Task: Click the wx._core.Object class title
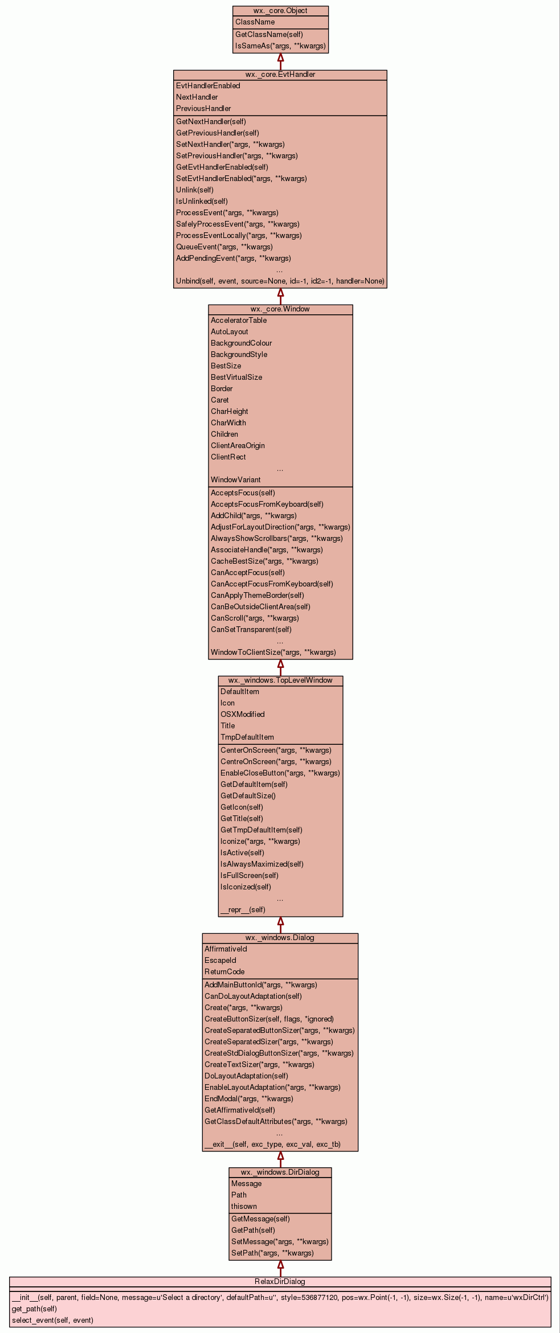280,11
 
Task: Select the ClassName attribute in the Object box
255,22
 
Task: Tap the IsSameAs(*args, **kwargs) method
280,46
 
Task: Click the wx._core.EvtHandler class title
280,75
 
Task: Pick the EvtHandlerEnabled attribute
208,86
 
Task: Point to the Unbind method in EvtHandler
280,281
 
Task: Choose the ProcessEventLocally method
239,236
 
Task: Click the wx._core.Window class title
280,309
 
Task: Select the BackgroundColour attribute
241,343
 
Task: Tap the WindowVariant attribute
235,480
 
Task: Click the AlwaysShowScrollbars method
276,539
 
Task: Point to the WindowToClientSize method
273,653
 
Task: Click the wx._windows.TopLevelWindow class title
280,680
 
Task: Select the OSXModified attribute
242,715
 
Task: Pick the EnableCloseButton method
280,773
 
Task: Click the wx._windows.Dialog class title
280,938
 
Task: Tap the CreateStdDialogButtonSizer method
279,1053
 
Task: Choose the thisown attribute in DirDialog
244,1207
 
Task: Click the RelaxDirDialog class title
280,1282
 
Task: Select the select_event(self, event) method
52,1320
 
